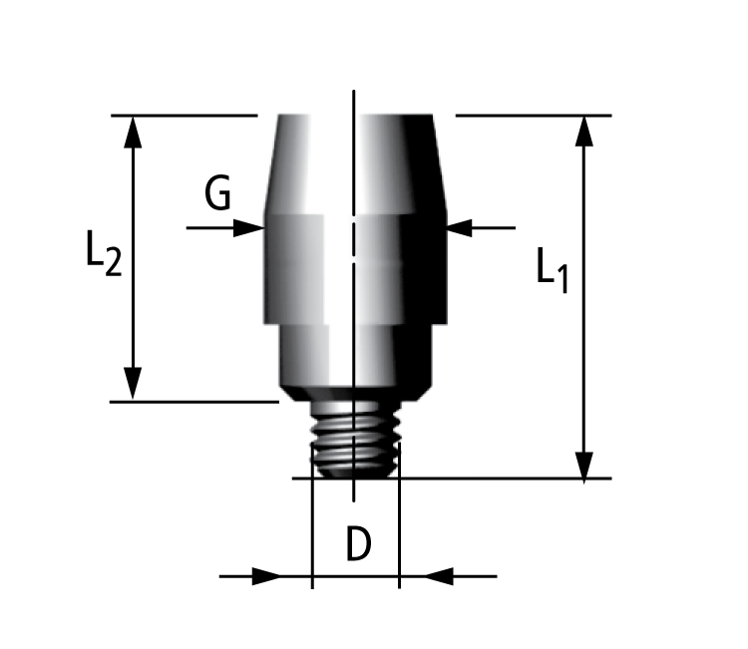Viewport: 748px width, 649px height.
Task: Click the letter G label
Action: (217, 192)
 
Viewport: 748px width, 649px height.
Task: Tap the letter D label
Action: (358, 544)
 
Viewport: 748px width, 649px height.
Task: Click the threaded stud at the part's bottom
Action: (355, 439)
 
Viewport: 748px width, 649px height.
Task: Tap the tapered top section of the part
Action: (354, 164)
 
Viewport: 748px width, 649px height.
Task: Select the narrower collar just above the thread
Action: (354, 359)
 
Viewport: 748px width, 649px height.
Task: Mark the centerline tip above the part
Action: (354, 95)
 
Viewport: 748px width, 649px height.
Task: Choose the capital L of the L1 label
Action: (545, 267)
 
